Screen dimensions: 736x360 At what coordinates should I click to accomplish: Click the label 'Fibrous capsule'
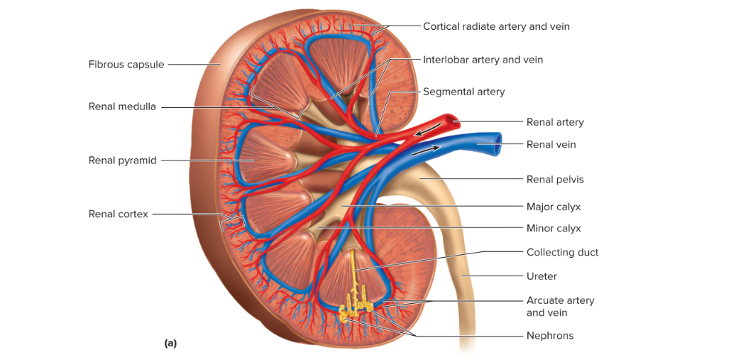coord(126,65)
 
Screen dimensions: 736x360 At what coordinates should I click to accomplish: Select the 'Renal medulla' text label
coord(122,107)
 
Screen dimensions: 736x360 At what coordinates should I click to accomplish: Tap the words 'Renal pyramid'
coord(123,160)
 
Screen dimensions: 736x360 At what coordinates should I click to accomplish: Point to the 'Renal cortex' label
coord(119,214)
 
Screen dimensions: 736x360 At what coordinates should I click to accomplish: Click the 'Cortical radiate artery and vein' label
coord(496,26)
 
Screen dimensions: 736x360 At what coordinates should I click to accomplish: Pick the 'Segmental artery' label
coord(463,92)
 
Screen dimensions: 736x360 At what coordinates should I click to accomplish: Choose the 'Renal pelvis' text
coord(555,180)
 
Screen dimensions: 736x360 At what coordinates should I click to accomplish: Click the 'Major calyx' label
coord(554,207)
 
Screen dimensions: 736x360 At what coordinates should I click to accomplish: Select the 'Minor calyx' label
coord(554,229)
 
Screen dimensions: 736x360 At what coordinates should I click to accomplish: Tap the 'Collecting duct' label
coord(562,253)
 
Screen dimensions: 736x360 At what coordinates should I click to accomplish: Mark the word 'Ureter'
coord(542,276)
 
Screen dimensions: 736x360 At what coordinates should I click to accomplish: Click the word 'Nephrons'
coord(549,336)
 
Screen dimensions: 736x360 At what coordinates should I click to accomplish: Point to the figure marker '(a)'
coord(170,343)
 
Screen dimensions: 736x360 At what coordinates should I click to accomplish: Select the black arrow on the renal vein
coord(427,150)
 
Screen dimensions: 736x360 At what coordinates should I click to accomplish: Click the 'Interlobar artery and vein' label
coord(483,60)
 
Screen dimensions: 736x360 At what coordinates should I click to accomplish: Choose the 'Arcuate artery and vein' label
coord(560,307)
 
